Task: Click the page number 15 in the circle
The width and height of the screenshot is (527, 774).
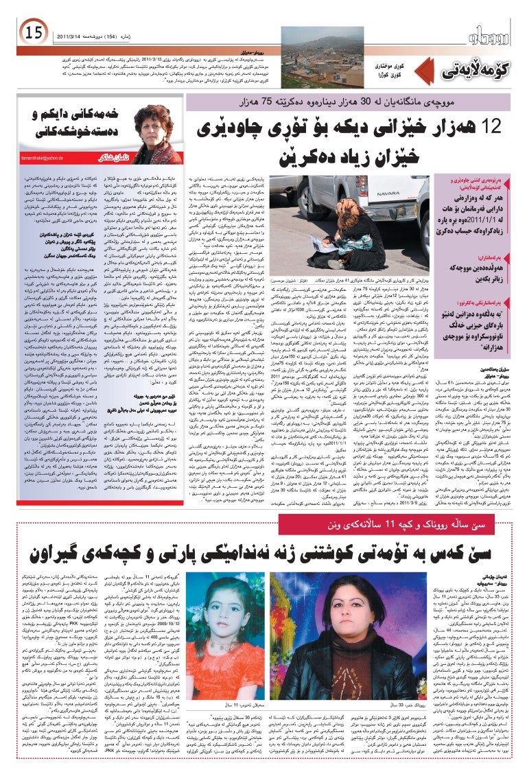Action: (x=33, y=32)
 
